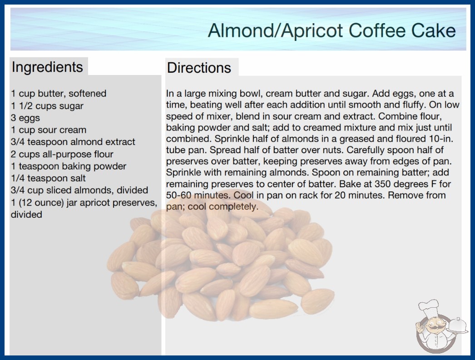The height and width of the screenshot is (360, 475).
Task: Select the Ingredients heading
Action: pyautogui.click(x=47, y=67)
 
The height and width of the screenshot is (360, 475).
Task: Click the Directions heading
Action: pyautogui.click(x=199, y=68)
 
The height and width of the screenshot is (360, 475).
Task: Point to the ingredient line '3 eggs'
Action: pyautogui.click(x=25, y=118)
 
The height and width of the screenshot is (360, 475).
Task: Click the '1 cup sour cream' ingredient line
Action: pyautogui.click(x=49, y=130)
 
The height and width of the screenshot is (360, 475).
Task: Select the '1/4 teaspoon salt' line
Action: pyautogui.click(x=49, y=178)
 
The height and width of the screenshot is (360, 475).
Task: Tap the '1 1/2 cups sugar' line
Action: pyautogui.click(x=47, y=106)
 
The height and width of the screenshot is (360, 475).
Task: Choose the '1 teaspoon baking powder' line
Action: pyautogui.click(x=69, y=166)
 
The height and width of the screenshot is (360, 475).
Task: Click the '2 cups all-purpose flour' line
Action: pyautogui.click(x=62, y=154)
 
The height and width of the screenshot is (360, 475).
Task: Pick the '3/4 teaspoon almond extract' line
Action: pyautogui.click(x=73, y=142)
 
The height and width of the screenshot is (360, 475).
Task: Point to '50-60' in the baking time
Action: pyautogui.click(x=179, y=195)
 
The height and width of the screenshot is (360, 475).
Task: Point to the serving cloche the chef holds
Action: pyautogui.click(x=458, y=326)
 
